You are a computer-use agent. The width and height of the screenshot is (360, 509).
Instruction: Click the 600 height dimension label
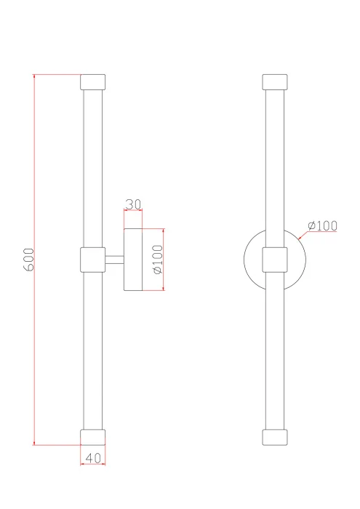28,260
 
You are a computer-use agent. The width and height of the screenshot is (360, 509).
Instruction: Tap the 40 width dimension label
93,458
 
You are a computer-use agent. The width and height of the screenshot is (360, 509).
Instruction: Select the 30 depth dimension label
133,204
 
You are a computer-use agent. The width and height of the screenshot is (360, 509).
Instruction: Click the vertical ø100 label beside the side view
158,260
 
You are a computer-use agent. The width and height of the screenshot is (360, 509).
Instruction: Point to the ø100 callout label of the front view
323,225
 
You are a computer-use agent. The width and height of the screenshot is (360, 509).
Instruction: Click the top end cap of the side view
93,82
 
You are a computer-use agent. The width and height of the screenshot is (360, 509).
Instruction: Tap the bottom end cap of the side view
93,437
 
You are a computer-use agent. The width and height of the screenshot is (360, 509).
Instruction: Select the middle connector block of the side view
93,260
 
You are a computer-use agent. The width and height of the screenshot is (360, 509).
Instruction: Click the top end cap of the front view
275,82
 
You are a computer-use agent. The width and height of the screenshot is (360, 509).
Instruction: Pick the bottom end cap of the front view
275,437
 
